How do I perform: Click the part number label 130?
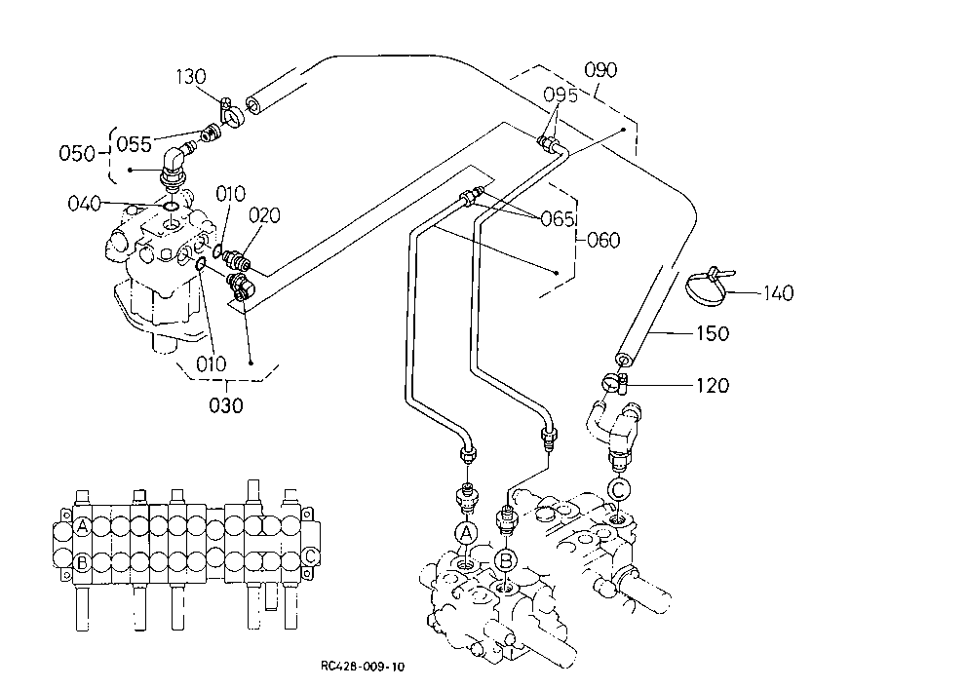click(190, 77)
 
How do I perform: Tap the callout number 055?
click(134, 144)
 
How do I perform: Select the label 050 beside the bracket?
click(76, 153)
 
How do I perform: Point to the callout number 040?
click(84, 203)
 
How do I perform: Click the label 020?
click(264, 215)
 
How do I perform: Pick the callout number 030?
click(226, 405)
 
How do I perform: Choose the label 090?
click(600, 69)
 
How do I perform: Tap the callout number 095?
click(561, 95)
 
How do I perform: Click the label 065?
click(557, 219)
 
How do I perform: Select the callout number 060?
click(603, 239)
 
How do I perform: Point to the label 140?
click(778, 292)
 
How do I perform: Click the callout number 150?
click(713, 333)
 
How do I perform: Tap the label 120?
click(713, 385)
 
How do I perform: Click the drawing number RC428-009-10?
click(363, 667)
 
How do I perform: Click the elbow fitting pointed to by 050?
click(174, 164)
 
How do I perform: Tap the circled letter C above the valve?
click(619, 490)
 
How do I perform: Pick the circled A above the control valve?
click(466, 533)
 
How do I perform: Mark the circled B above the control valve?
click(506, 560)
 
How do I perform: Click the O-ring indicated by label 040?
click(171, 205)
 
